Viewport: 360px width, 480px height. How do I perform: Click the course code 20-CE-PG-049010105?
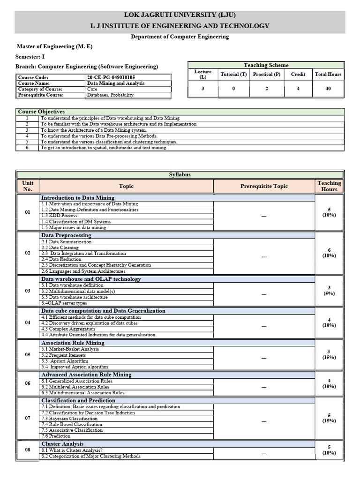pos(114,77)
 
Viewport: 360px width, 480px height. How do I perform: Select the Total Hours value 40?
pos(328,89)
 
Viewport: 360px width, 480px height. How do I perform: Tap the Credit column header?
pos(298,74)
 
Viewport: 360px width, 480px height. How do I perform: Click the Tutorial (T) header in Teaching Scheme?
pos(233,74)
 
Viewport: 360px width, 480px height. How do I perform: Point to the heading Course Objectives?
pos(41,112)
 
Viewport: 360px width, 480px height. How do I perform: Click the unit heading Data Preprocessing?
pos(66,235)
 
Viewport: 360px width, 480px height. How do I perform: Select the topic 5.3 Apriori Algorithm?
pos(65,361)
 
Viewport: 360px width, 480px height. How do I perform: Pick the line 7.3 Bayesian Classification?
pos(69,419)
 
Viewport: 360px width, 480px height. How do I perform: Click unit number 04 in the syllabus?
pos(28,323)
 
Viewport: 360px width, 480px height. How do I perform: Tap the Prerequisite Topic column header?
pos(264,186)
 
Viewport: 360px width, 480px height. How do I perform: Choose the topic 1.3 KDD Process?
pos(59,216)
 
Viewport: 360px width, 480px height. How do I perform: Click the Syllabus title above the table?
pos(180,174)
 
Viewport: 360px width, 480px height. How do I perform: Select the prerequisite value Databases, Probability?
pos(110,95)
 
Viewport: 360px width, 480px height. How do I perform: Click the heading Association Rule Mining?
pos(73,343)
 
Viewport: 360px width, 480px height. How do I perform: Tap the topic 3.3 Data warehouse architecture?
pos(74,297)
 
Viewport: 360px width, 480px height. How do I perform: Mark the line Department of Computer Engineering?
pos(180,37)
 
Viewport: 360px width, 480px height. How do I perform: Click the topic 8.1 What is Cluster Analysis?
pos(72,450)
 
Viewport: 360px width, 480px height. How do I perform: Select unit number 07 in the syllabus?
pos(28,417)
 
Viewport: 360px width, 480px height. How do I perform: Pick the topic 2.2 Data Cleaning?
pos(60,247)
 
